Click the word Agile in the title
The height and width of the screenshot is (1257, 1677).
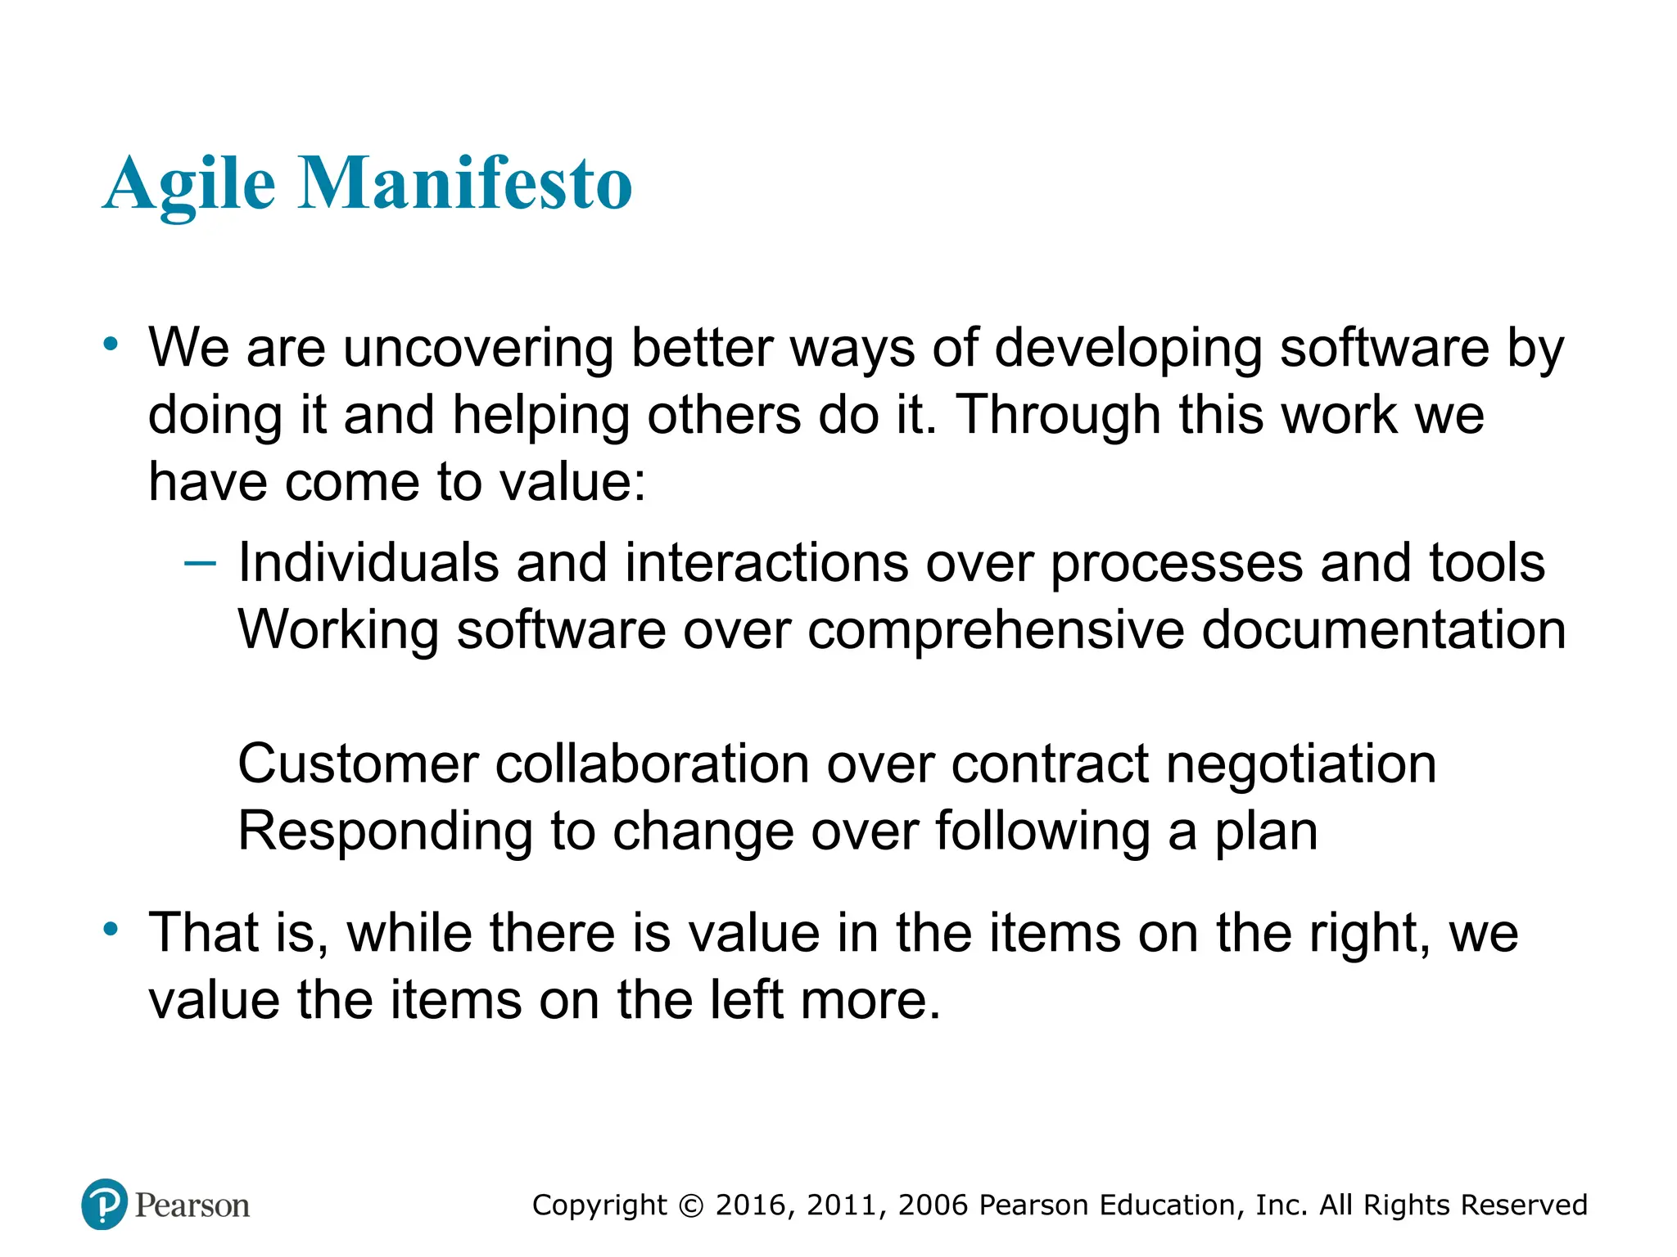click(x=189, y=184)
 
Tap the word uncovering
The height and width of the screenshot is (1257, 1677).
click(x=478, y=349)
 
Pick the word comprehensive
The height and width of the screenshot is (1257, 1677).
click(x=996, y=631)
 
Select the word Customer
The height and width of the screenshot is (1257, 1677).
click(x=358, y=764)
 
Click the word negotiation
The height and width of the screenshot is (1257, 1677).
click(x=1301, y=766)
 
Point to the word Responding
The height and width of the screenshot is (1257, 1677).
click(x=385, y=832)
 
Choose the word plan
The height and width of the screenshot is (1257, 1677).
click(x=1266, y=832)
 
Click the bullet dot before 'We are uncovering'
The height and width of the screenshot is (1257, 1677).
click(x=111, y=345)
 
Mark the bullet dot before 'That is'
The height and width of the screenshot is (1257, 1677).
click(x=111, y=930)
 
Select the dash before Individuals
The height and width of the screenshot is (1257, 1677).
click(x=201, y=563)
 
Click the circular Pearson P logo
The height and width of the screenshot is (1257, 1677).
click(x=105, y=1205)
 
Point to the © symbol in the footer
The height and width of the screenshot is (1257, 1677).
click(x=691, y=1205)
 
